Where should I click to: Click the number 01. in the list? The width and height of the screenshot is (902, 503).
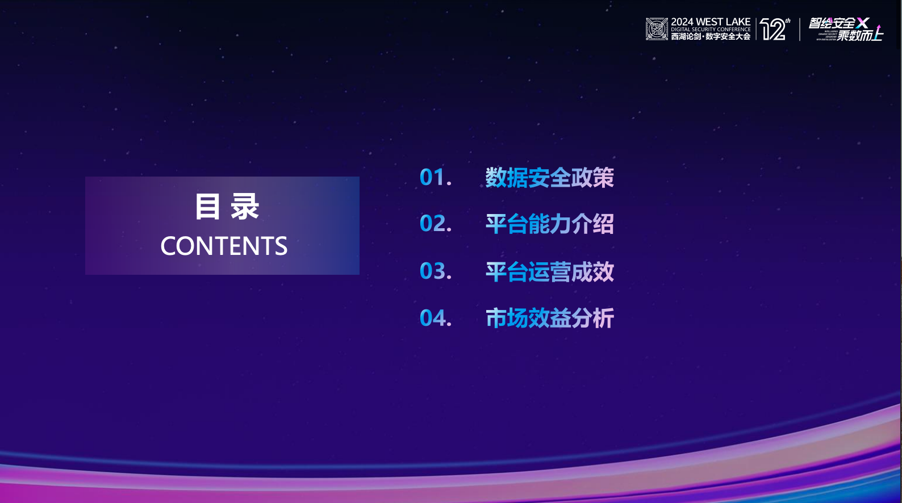click(435, 178)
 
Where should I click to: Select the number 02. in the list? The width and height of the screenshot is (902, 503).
click(435, 224)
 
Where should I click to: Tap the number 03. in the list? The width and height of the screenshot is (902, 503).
click(435, 271)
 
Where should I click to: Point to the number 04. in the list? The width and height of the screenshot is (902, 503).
click(435, 318)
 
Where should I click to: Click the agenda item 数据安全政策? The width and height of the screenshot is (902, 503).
click(549, 178)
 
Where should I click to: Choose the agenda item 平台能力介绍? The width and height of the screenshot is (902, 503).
click(549, 224)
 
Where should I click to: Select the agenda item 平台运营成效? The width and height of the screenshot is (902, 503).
click(549, 272)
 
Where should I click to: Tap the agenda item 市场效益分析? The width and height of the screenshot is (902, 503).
click(549, 318)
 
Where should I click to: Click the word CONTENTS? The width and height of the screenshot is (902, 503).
click(224, 246)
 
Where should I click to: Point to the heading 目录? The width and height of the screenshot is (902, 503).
click(227, 207)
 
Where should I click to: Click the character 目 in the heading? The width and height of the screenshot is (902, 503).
click(207, 207)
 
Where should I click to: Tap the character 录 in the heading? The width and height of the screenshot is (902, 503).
click(245, 207)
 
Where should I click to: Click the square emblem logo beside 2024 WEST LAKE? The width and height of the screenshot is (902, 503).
click(657, 29)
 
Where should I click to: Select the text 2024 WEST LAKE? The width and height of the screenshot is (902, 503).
click(711, 22)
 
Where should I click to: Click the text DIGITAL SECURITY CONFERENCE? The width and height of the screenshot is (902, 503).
click(711, 30)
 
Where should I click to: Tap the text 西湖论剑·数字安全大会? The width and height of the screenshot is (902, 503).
click(711, 36)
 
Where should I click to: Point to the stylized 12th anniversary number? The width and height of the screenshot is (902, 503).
click(775, 29)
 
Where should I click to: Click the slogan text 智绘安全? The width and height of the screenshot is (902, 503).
click(832, 23)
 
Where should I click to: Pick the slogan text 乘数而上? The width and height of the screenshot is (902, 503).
click(859, 36)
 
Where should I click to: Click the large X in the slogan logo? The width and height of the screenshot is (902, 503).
click(863, 23)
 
